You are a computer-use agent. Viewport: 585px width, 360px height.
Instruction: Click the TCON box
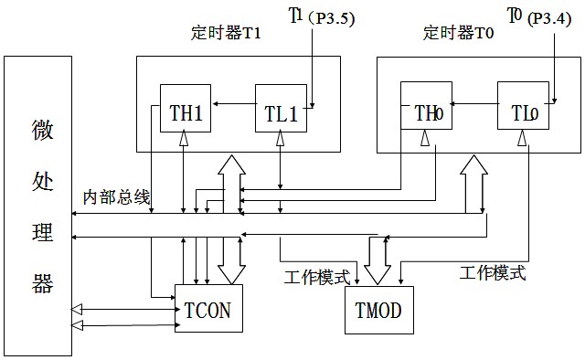[207, 310]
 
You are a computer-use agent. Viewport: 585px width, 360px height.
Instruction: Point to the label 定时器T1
[227, 34]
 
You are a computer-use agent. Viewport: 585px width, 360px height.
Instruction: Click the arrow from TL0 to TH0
[473, 104]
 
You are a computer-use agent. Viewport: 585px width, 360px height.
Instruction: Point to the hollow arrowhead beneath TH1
[184, 137]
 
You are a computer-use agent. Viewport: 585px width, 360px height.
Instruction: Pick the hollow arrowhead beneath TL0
[522, 137]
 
